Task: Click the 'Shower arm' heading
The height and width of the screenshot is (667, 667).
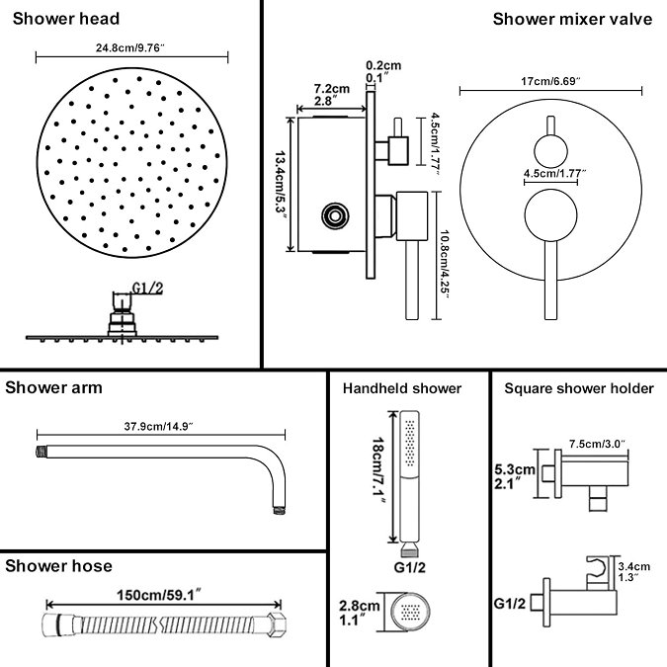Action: pyautogui.click(x=53, y=386)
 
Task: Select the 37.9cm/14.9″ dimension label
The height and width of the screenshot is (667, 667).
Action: pyautogui.click(x=160, y=426)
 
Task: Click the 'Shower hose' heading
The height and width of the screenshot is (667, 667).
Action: pyautogui.click(x=58, y=565)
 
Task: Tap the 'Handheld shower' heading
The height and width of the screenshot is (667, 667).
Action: pyautogui.click(x=402, y=388)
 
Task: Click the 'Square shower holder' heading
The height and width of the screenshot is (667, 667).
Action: pyautogui.click(x=579, y=388)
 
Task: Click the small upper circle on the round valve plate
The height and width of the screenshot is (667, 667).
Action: pyautogui.click(x=549, y=150)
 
